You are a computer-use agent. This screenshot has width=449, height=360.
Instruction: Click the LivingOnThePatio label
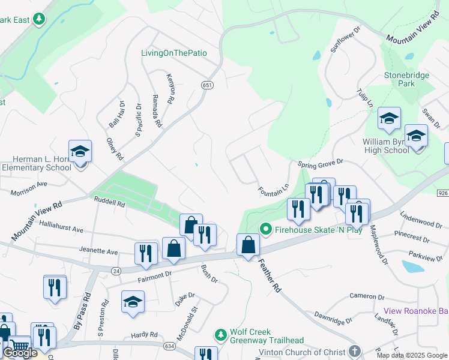[174, 53]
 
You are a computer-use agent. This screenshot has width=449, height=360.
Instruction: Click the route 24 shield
[116, 271]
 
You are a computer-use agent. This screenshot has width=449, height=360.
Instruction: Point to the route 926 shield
[443, 193]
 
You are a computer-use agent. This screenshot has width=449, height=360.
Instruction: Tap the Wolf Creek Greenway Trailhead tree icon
[221, 334]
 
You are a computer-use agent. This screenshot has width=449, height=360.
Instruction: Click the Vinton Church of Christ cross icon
[355, 352]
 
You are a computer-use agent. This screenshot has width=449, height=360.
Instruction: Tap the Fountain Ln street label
[274, 190]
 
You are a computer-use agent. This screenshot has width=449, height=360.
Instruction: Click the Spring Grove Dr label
[320, 163]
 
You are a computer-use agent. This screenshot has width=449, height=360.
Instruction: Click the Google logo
[20, 353]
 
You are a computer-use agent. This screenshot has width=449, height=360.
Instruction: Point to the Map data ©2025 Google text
[411, 355]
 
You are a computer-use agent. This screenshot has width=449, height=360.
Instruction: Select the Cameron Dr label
[367, 296]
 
